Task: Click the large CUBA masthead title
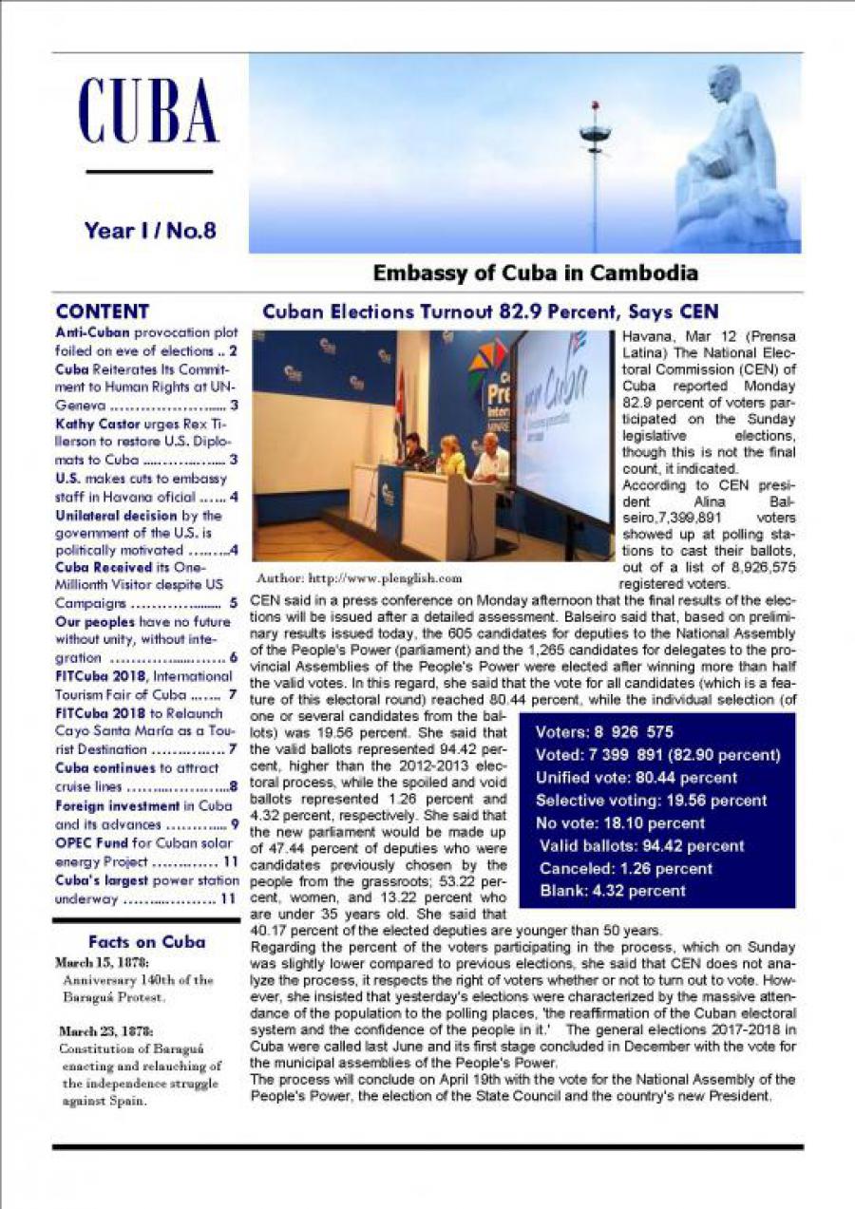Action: [x=148, y=110]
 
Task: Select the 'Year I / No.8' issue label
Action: [x=149, y=230]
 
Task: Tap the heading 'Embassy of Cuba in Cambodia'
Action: [x=535, y=274]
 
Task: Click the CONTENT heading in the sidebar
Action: [x=103, y=312]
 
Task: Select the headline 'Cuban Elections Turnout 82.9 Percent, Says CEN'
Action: [x=489, y=312]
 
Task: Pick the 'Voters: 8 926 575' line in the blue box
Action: [x=604, y=732]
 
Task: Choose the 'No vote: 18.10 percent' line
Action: [x=621, y=823]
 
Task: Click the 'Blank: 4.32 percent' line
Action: [x=612, y=891]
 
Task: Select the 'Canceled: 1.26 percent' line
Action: [x=625, y=869]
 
